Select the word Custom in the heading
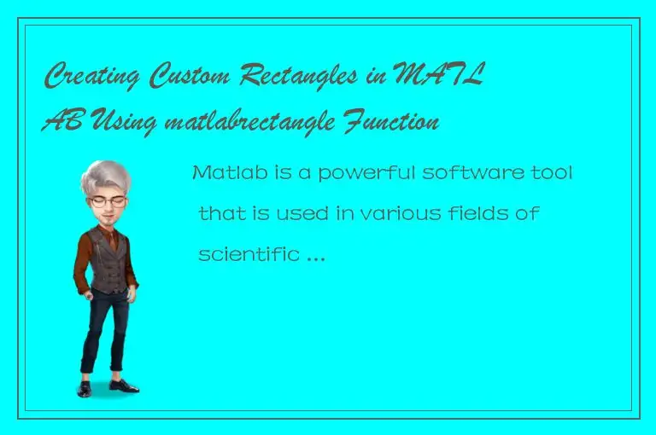(189, 79)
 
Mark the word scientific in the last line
(247, 253)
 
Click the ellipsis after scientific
(314, 256)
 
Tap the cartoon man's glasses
(108, 201)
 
